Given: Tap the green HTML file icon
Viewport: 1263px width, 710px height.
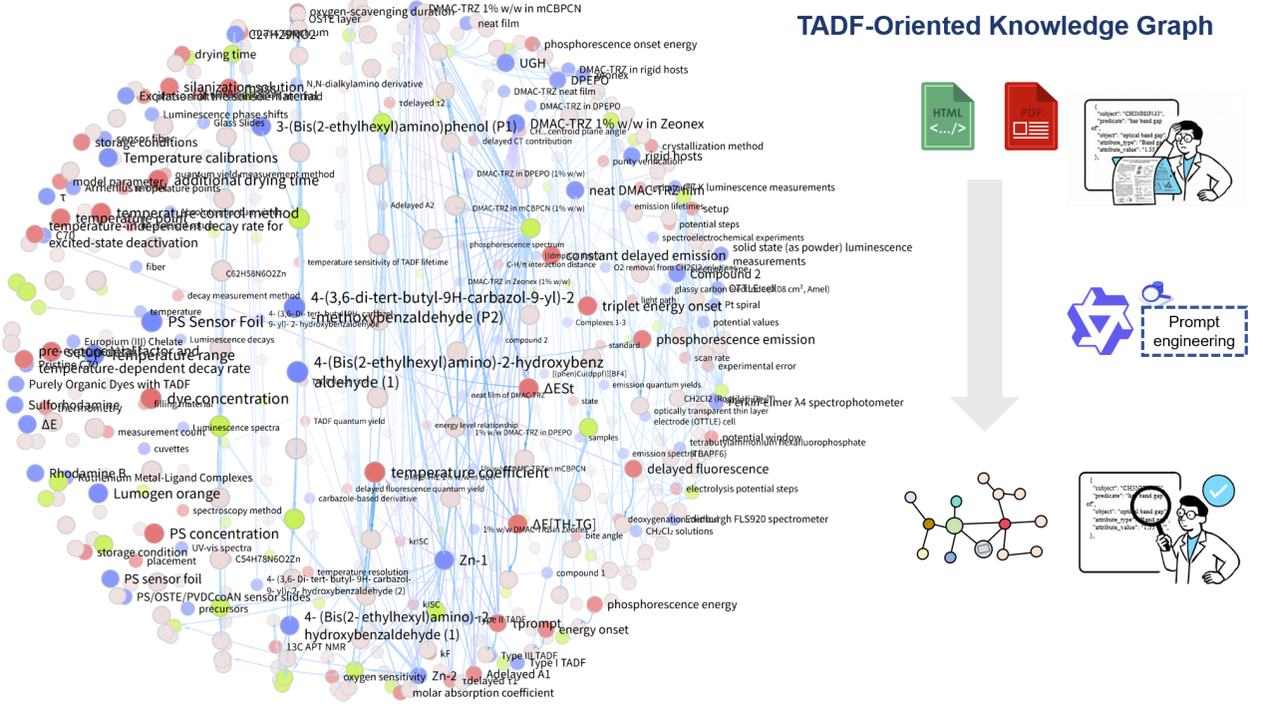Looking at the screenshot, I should point(948,116).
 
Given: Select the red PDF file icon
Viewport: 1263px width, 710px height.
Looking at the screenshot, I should point(1031,116).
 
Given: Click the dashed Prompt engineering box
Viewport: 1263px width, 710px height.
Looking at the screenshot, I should point(1193,330).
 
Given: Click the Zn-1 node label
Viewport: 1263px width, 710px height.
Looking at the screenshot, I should point(473,560).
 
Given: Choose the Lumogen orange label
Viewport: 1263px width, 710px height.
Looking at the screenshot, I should point(166,494).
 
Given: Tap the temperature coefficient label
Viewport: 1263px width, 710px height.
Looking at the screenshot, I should point(470,472).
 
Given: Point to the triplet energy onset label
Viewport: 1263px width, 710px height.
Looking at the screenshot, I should point(662,305).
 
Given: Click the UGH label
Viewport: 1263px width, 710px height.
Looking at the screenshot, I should point(532,63).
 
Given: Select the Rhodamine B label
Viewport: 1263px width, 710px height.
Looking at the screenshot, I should point(88,474).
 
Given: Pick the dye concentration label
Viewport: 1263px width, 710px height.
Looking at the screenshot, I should point(227,399).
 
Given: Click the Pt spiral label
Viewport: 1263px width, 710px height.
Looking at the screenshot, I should point(743,305).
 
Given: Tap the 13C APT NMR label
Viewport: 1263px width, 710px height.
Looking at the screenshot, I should point(315,646).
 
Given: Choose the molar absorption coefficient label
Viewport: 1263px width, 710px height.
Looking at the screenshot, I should point(482,693).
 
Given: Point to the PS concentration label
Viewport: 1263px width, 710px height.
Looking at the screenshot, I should point(223,533).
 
